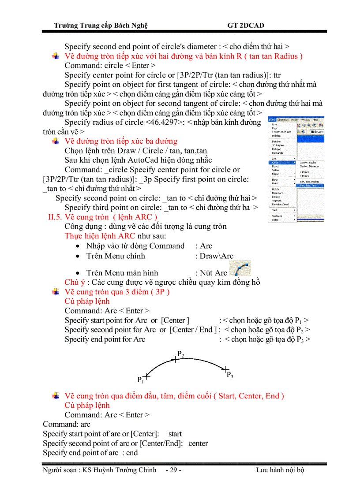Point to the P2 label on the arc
point(180,354)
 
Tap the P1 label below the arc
point(140,380)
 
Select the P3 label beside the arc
point(230,375)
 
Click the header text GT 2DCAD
point(246,25)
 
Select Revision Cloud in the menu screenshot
point(280,204)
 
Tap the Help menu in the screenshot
point(315,119)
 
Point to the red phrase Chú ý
point(73,282)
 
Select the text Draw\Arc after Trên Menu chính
point(217,256)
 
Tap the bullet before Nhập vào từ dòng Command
point(78,246)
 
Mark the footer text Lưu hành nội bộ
point(280,470)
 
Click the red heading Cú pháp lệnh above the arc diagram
point(87,301)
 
